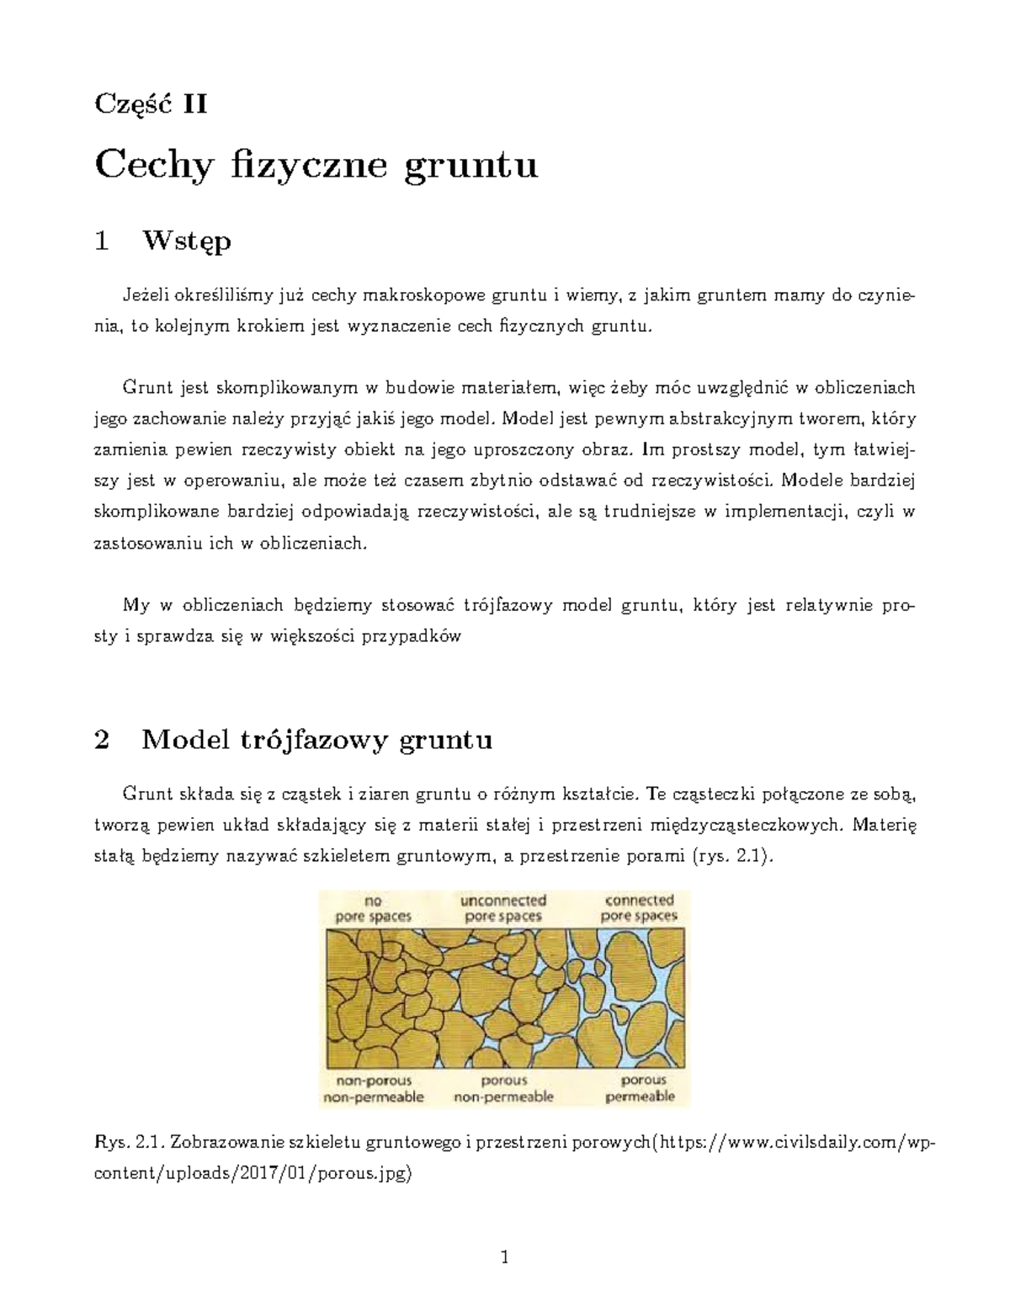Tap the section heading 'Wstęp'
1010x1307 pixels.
186,242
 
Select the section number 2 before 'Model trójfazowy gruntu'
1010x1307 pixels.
103,741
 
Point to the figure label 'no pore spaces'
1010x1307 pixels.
373,909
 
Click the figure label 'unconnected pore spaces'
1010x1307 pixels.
503,909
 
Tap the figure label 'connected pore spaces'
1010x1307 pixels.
640,909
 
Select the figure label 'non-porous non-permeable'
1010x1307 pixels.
373,1089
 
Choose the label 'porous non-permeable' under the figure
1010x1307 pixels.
503,1089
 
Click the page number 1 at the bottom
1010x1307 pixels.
504,1259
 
